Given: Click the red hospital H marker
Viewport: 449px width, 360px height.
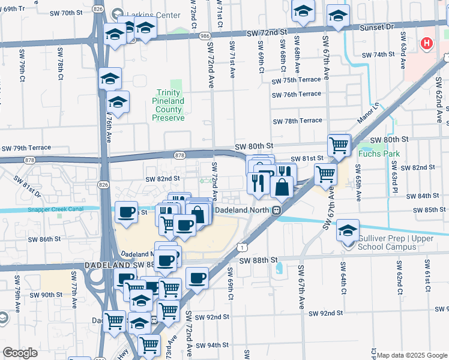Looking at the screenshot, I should (427, 43).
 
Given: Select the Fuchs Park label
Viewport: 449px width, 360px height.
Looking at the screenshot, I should (379, 153).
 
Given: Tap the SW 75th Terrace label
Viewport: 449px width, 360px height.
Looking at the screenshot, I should (296, 81).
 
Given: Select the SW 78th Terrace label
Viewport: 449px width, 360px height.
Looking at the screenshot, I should (297, 121).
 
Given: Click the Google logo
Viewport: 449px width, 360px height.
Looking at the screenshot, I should (20, 353).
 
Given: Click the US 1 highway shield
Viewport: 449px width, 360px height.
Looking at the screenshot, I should (241, 247).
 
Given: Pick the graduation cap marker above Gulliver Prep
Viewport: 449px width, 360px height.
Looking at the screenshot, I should (348, 230).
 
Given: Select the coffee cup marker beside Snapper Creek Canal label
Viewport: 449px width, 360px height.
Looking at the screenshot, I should (126, 212).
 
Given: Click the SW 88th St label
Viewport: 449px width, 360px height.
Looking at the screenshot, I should (259, 260).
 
